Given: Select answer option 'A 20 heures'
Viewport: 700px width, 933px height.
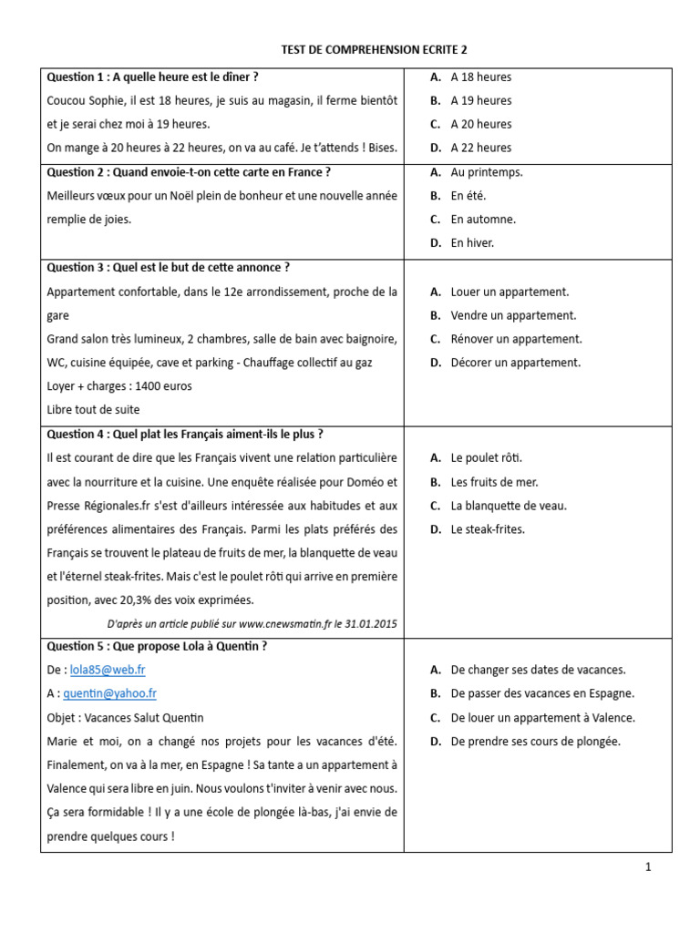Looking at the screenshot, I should click(x=480, y=124).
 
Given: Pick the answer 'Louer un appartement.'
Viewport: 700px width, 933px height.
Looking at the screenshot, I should click(x=509, y=292).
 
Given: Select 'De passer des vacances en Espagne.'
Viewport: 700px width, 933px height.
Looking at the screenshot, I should click(x=542, y=693).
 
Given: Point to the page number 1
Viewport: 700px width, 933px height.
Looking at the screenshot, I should click(x=648, y=868).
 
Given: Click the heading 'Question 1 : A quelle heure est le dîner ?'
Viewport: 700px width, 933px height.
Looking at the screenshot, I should click(x=152, y=77).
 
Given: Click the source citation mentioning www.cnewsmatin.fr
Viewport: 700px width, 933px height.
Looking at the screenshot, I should click(x=252, y=623).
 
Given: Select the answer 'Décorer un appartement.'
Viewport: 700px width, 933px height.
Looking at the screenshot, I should click(x=515, y=363).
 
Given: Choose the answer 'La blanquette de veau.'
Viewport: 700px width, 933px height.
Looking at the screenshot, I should click(x=509, y=505).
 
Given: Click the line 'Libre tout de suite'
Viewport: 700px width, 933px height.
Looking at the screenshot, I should click(x=93, y=409).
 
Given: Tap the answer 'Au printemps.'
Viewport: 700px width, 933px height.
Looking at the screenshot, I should click(x=486, y=171).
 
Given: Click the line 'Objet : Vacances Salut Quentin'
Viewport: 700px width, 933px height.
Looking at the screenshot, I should click(x=126, y=717).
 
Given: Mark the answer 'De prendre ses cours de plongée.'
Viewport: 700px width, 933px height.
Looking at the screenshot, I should click(x=535, y=741).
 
